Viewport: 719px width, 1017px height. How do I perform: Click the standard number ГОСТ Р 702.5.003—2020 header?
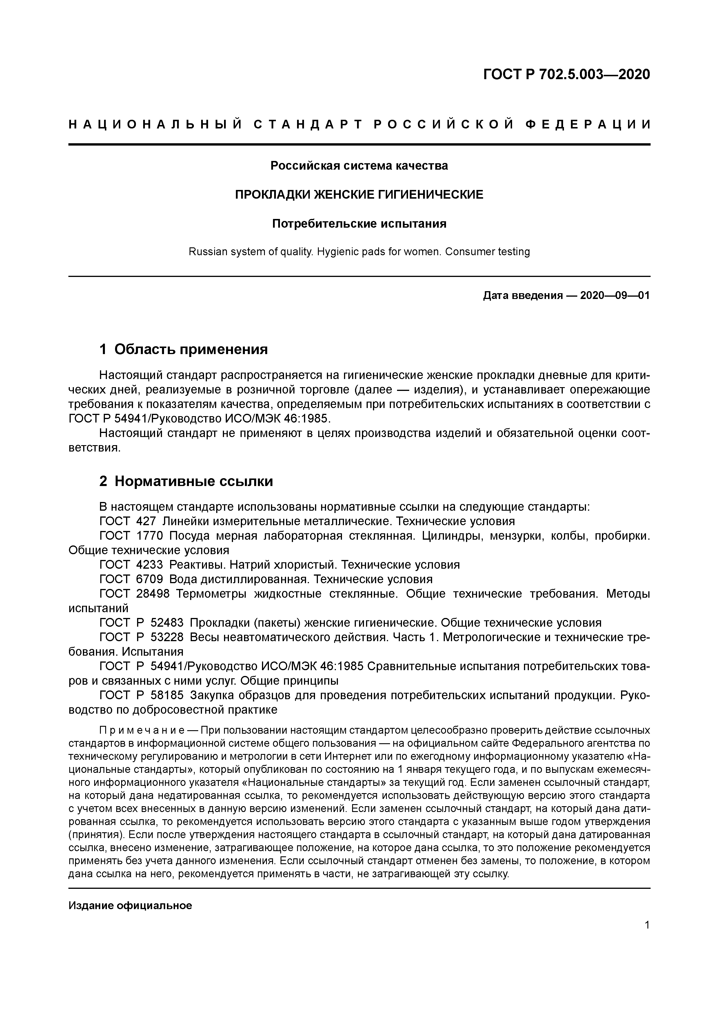[566, 75]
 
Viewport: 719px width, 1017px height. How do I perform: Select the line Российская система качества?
[359, 166]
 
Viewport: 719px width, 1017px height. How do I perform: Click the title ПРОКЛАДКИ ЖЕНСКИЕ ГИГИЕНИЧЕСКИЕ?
[359, 195]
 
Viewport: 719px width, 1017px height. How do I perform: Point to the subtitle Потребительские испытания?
[359, 224]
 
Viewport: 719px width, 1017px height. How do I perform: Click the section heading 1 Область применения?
[184, 349]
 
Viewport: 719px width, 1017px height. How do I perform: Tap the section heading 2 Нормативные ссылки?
[186, 481]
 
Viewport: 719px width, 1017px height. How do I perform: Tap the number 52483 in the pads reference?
[167, 623]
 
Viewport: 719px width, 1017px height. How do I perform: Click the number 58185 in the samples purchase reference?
[167, 695]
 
